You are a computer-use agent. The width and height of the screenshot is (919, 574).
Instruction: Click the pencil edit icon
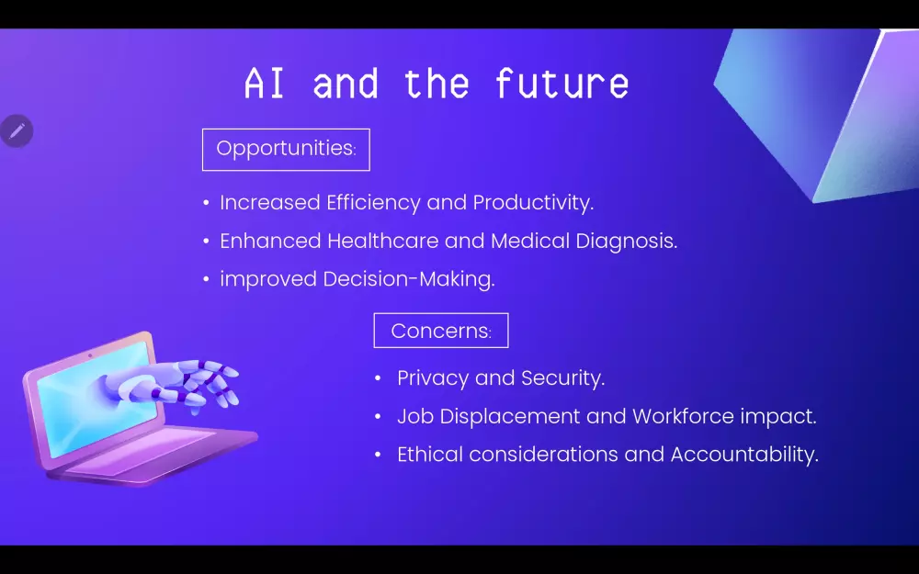pyautogui.click(x=17, y=130)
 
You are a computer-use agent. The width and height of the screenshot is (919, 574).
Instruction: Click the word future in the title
pyautogui.click(x=562, y=84)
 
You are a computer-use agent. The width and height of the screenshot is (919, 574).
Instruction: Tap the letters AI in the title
pyautogui.click(x=265, y=84)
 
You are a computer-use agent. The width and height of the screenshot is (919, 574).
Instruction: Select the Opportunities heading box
pyautogui.click(x=286, y=150)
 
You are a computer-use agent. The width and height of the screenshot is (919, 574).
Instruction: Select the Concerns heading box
pyautogui.click(x=441, y=331)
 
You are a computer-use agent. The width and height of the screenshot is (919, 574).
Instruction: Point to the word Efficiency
pyautogui.click(x=373, y=203)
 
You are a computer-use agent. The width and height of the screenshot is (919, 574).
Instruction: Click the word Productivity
pyautogui.click(x=533, y=203)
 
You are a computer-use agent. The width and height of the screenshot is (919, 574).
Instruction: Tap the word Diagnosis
pyautogui.click(x=627, y=242)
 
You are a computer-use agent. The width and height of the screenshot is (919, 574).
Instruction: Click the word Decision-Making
pyautogui.click(x=409, y=279)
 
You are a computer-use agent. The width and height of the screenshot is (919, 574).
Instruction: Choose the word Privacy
pyautogui.click(x=433, y=378)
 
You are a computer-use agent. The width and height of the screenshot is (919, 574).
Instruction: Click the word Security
pyautogui.click(x=562, y=378)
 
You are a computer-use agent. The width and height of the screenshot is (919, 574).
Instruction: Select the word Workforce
pyautogui.click(x=683, y=416)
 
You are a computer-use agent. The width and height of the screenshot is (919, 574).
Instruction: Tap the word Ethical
pyautogui.click(x=430, y=455)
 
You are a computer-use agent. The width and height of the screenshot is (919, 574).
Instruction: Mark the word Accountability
pyautogui.click(x=744, y=456)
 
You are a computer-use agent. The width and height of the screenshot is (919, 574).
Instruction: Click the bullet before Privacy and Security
pyautogui.click(x=378, y=378)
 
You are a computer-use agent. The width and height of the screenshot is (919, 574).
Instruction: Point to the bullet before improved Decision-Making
pyautogui.click(x=206, y=279)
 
